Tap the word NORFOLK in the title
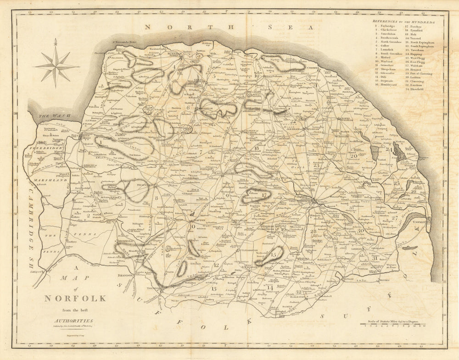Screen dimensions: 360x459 click(75, 299)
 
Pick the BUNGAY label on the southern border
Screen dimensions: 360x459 click(348, 277)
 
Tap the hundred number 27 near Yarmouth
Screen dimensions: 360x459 click(394, 218)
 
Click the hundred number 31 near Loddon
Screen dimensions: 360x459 click(375, 258)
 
